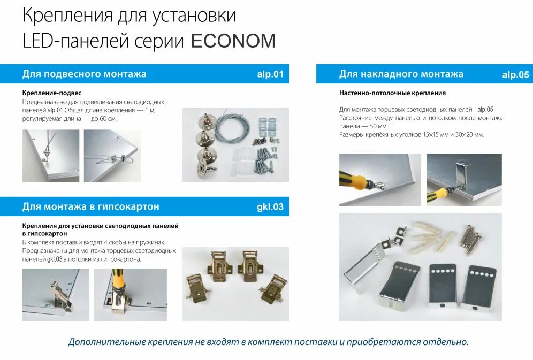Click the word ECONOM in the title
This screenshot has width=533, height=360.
pyautogui.click(x=233, y=41)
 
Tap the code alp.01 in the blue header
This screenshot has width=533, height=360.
pyautogui.click(x=270, y=74)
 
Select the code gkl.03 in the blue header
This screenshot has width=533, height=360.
pyautogui.click(x=270, y=206)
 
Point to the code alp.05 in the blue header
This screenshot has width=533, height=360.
pyautogui.click(x=515, y=75)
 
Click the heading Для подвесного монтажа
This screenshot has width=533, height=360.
pyautogui.click(x=84, y=74)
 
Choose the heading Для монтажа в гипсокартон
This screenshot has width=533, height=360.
pyautogui.click(x=90, y=206)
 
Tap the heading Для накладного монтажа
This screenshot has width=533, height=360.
pyautogui.click(x=401, y=74)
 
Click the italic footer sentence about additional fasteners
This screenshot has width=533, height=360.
pyautogui.click(x=268, y=342)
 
